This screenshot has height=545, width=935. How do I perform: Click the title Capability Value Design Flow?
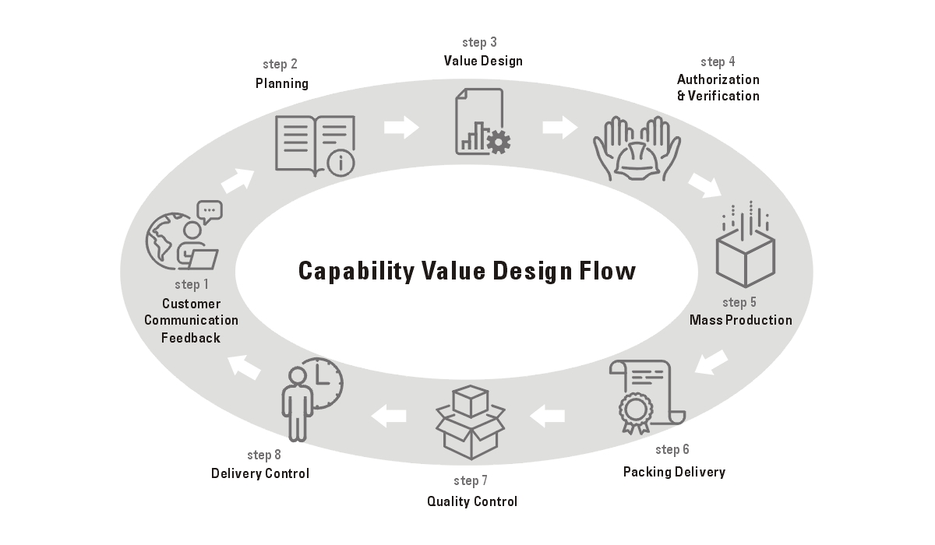pos(467,271)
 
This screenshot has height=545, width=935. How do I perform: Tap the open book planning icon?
pos(316,144)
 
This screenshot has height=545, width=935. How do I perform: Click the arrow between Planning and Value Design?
pos(401,127)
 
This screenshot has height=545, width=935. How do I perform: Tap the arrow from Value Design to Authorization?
pos(559,127)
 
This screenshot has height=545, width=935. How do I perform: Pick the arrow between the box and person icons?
pos(389,416)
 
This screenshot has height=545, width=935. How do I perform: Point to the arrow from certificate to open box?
pos(548,416)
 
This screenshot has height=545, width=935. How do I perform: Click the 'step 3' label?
pos(479,43)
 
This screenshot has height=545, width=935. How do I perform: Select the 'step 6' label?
pos(672,449)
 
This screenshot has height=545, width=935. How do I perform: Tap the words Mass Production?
pos(740,320)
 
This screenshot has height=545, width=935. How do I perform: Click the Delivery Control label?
pos(260,473)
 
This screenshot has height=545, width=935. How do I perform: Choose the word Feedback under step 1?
pos(191,338)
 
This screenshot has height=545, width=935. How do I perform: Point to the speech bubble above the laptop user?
pos(210,210)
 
